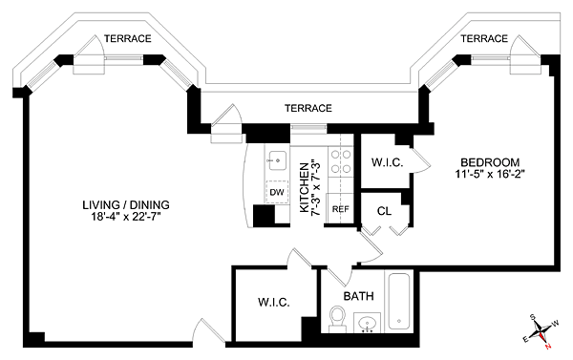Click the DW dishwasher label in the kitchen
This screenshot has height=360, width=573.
click(277, 192)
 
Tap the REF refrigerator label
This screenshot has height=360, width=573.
click(341, 209)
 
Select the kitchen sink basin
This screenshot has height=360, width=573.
click(276, 160)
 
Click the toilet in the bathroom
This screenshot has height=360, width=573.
click(337, 319)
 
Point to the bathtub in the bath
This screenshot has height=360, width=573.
click(398, 301)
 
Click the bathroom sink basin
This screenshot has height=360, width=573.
click(367, 323)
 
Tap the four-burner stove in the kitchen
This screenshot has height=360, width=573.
click(341, 161)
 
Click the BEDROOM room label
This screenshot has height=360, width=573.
click(490, 162)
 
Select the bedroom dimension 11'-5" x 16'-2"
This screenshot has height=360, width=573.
click(490, 174)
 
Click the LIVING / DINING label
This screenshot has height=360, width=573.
click(126, 204)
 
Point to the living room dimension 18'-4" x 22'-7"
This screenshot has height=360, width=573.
click(126, 217)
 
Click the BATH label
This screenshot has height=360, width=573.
click(358, 296)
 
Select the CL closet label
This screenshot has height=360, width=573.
click(384, 211)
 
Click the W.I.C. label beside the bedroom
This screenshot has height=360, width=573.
click(388, 162)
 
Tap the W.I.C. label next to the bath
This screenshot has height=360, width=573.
click(274, 303)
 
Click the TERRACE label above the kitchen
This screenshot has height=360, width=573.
click(308, 108)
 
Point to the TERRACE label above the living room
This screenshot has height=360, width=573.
click(128, 38)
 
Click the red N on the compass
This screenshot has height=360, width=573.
click(547, 346)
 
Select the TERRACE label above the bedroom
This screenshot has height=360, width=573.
click(484, 38)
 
